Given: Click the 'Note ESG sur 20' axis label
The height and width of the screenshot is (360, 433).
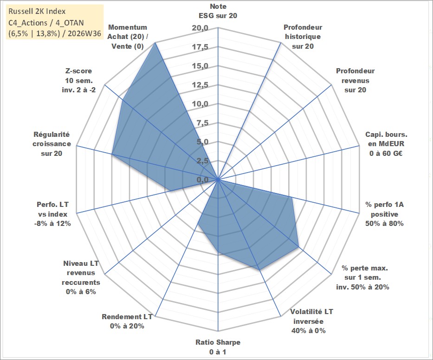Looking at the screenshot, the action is pos(218,11).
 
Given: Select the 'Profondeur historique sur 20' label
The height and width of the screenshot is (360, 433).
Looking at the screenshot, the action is pos(303,37).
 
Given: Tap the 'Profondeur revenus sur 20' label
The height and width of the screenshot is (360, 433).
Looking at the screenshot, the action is pos(355,80).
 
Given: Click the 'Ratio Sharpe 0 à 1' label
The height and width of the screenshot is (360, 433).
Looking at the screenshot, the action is pos(218,347).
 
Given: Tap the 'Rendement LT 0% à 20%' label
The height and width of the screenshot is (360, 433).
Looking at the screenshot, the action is pos(127,321).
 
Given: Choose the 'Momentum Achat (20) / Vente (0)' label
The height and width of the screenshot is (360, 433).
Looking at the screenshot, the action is pos(128,37).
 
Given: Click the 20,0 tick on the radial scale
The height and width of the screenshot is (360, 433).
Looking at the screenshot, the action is pos(200,28).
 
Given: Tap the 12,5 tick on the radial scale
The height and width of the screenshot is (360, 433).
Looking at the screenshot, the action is pos(200,85).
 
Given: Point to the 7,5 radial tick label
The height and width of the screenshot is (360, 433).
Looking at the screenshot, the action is pos(202,123).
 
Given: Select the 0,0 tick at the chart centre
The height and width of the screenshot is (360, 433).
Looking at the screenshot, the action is pos(202,180).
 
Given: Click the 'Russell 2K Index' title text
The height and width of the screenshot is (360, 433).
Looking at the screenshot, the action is pos(37,11).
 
